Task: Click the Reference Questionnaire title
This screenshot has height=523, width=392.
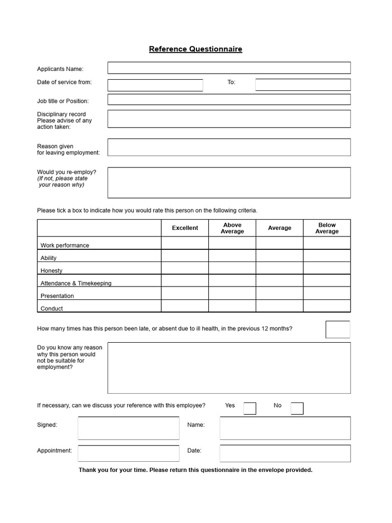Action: click(195, 50)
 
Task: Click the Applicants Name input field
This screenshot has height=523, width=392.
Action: click(229, 68)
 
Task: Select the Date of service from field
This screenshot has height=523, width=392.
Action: click(155, 85)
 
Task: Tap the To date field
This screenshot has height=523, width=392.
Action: click(303, 85)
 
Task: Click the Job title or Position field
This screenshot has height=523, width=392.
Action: click(229, 100)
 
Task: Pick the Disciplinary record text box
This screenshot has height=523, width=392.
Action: click(229, 119)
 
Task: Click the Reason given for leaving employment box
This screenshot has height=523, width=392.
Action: click(229, 147)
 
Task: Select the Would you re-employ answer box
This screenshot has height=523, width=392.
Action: click(229, 182)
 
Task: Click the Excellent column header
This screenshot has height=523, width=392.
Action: click(185, 228)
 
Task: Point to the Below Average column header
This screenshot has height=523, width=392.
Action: click(327, 228)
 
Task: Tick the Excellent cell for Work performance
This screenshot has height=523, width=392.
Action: click(185, 243)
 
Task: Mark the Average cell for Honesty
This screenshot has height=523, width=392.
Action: click(279, 268)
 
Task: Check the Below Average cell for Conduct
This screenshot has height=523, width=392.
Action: click(327, 306)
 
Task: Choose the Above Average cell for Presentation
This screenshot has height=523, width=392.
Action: click(232, 293)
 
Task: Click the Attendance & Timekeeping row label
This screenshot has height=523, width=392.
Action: click(76, 283)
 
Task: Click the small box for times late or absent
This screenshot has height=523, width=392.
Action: click(338, 329)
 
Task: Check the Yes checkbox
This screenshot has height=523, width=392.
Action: click(250, 409)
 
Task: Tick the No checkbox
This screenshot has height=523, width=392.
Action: click(297, 409)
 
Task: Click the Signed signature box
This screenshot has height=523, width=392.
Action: click(129, 428)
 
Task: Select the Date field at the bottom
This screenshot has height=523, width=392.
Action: click(285, 453)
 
